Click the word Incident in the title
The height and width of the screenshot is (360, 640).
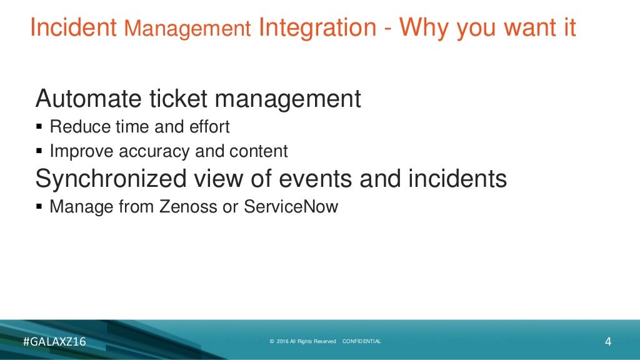point(73,27)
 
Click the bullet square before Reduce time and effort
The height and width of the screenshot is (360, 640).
point(40,127)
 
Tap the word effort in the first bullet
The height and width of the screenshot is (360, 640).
point(209,127)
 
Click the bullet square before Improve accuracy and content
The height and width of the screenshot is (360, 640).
point(40,151)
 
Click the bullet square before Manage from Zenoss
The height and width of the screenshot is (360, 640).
point(40,207)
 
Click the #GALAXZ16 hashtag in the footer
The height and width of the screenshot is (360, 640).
point(54,341)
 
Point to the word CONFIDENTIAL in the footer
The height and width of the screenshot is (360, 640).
point(362,341)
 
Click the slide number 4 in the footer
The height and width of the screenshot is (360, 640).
point(607,341)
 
